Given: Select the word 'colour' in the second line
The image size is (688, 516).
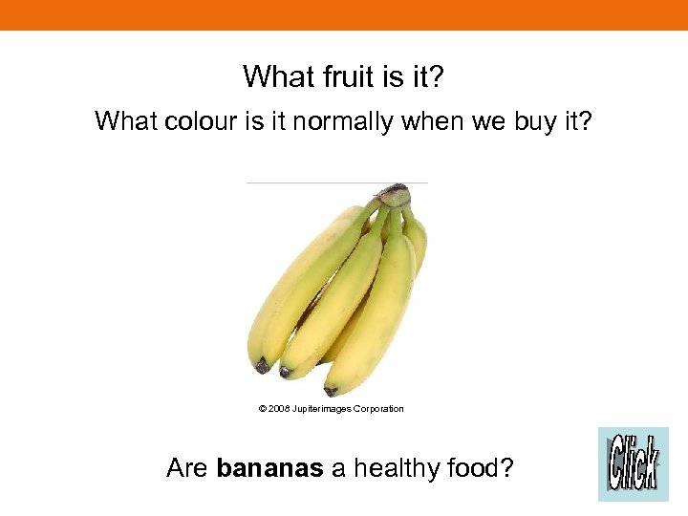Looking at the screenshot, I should pyautogui.click(x=196, y=121).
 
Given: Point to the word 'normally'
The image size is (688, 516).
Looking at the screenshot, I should pyautogui.click(x=339, y=121).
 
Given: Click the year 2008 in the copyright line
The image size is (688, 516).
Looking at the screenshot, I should pyautogui.click(x=279, y=409).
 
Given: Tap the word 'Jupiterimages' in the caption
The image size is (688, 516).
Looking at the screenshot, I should pyautogui.click(x=322, y=409).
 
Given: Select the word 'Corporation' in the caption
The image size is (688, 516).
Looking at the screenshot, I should pyautogui.click(x=379, y=409).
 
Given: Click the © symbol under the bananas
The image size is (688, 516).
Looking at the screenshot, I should pyautogui.click(x=262, y=409).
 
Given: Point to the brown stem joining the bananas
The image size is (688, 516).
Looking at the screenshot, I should pyautogui.click(x=393, y=196).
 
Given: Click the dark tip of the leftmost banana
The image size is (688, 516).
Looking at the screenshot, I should pyautogui.click(x=261, y=365).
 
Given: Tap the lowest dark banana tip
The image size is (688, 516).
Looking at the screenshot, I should pyautogui.click(x=331, y=390).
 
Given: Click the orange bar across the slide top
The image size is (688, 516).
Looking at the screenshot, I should pyautogui.click(x=344, y=14).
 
